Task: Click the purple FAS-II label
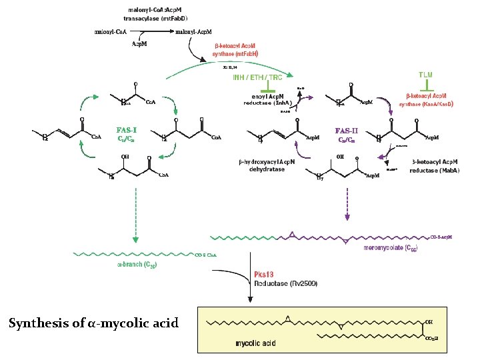click(x=350, y=130)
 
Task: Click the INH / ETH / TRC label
click(x=257, y=77)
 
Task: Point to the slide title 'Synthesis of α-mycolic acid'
click(x=93, y=323)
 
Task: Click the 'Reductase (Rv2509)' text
click(x=286, y=283)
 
